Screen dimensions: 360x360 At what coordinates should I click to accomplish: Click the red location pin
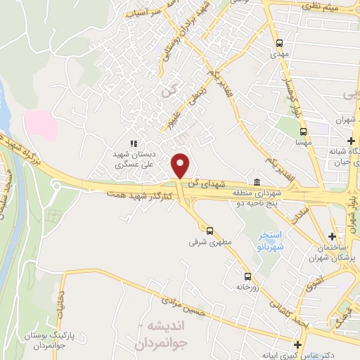(x=181, y=165)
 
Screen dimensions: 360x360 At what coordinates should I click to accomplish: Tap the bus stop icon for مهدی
(x=280, y=42)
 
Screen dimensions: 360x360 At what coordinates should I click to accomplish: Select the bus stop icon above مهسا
(x=303, y=131)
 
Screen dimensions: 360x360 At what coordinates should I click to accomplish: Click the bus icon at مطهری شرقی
(x=209, y=230)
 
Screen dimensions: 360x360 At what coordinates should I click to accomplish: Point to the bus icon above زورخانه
(x=247, y=276)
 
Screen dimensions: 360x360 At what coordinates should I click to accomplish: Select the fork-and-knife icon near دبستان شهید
(x=134, y=143)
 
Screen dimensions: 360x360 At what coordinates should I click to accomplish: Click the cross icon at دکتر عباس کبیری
(x=299, y=345)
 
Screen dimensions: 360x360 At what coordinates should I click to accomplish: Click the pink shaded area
(x=40, y=123)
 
